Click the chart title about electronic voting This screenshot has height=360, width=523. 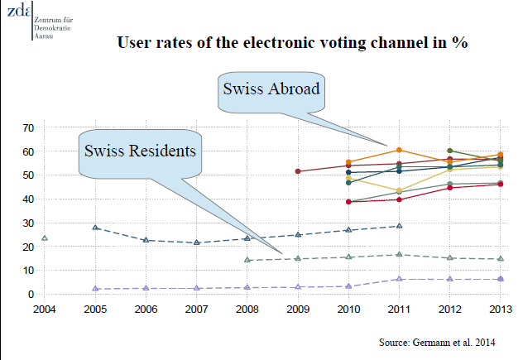[293, 44]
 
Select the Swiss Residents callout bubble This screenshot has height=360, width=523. [139, 151]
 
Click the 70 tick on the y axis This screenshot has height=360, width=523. [27, 128]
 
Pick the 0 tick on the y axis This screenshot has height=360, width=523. [31, 295]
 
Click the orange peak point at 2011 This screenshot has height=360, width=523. [399, 150]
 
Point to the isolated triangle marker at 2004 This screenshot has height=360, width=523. [45, 238]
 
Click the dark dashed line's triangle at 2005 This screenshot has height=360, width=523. [95, 227]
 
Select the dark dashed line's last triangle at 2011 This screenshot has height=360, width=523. [399, 226]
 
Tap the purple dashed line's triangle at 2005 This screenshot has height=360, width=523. [95, 289]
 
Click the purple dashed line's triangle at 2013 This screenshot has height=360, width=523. [500, 279]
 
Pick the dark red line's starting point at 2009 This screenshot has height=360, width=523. [297, 171]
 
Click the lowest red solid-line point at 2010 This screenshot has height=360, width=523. [348, 202]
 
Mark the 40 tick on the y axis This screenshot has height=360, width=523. [27, 199]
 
